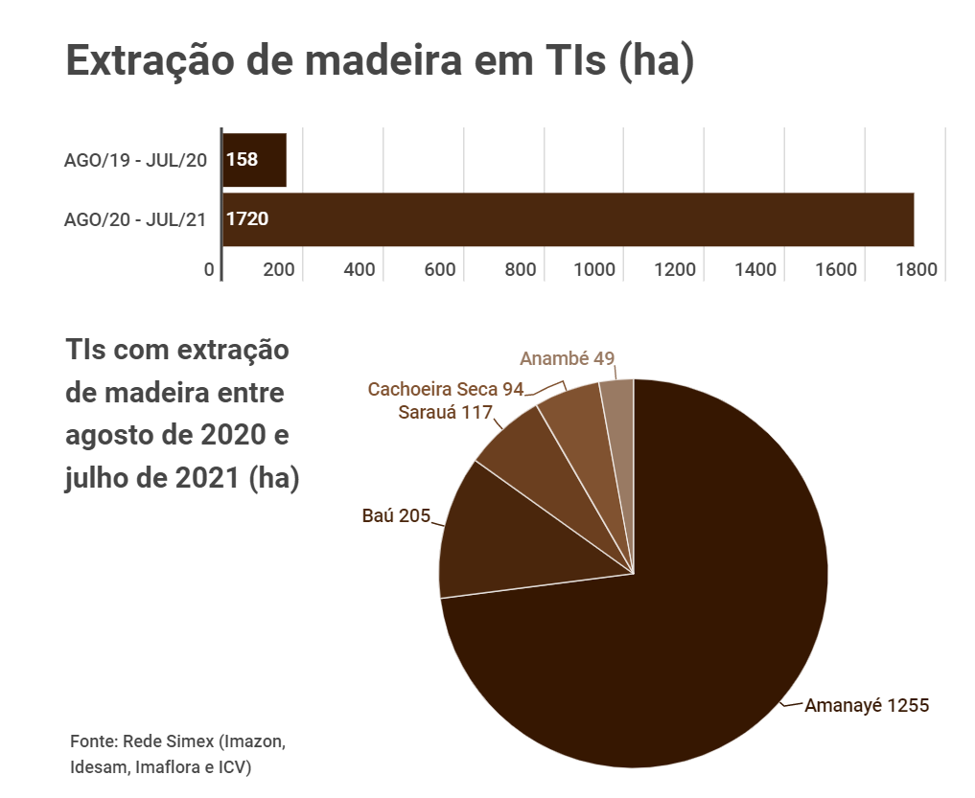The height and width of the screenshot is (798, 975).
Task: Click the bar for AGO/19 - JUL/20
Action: coord(255,160)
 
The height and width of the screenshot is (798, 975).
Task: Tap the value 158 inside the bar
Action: coord(243,159)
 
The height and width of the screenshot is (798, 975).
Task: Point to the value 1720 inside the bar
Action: coord(247,219)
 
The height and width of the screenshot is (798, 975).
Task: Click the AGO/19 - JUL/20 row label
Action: coord(135,160)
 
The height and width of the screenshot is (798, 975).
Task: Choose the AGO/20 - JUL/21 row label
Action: coord(135,219)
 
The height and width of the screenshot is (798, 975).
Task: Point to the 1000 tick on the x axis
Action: coord(594,270)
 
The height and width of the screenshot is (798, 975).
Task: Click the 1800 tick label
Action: coord(916,270)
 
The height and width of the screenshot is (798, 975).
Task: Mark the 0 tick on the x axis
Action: coord(209,270)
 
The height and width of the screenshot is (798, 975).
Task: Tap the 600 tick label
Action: coord(439,270)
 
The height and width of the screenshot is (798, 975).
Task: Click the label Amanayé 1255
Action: coord(867,706)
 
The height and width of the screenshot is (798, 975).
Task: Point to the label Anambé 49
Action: coord(567,359)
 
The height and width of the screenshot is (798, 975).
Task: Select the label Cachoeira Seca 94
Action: coord(446,390)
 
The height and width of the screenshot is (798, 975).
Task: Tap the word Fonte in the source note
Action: coord(92,742)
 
